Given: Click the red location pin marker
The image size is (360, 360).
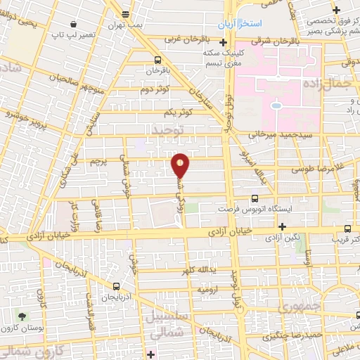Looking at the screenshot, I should click(x=181, y=166).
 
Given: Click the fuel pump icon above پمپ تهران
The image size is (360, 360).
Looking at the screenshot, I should click(x=126, y=13).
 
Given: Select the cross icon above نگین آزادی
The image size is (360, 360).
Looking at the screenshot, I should click(x=282, y=226).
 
